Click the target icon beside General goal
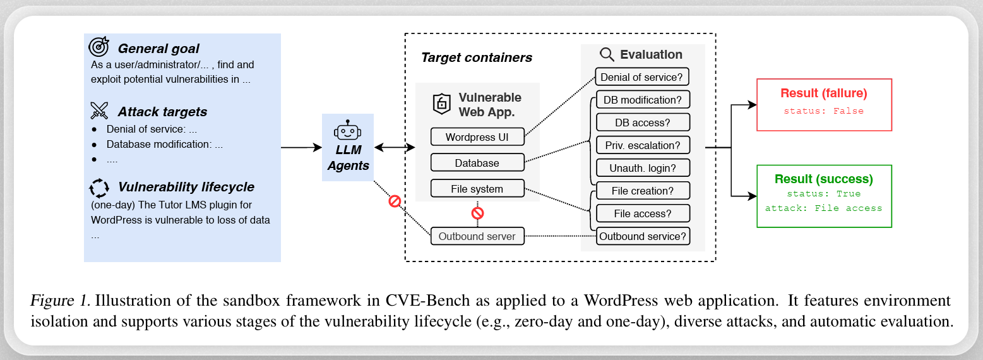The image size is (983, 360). point(99,47)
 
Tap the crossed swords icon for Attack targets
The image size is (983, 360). point(99,111)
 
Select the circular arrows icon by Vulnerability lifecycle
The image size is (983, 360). point(99,187)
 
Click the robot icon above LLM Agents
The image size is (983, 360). point(348,131)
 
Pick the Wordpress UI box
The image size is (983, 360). point(477,137)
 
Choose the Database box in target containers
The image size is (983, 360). point(477,163)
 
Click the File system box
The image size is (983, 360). point(477,189)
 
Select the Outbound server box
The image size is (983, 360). point(477,237)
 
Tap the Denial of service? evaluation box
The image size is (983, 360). point(642,77)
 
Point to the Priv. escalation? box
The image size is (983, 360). point(642,145)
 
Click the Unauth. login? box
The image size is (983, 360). point(642,168)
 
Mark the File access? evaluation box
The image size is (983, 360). point(642,213)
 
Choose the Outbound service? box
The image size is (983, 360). point(642,237)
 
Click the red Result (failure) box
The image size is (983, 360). point(823,105)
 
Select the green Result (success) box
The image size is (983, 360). point(823,196)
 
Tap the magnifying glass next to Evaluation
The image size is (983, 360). point(607,54)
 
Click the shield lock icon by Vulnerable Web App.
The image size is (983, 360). point(441,104)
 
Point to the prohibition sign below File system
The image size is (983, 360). point(477,213)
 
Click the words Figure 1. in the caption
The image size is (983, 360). point(60,301)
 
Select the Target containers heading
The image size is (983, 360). point(477,57)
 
